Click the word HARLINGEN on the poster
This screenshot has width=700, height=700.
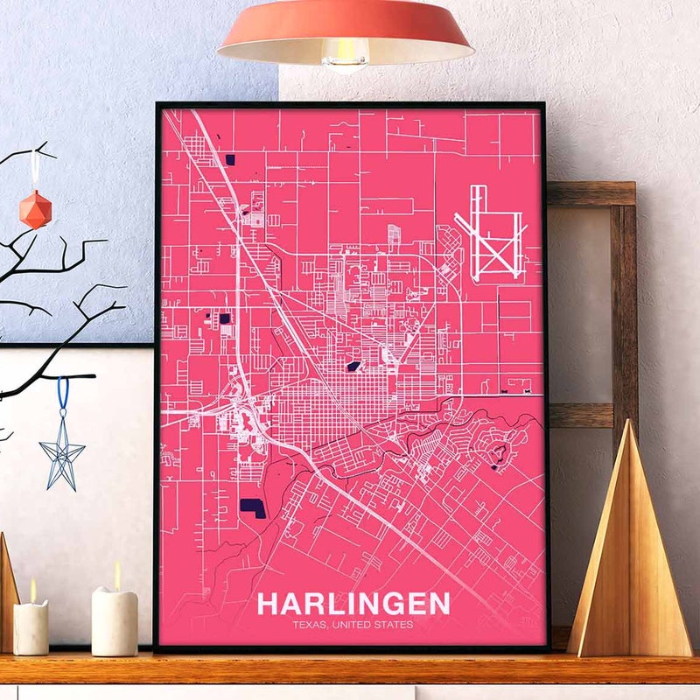click(353, 603)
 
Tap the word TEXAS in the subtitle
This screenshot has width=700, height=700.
click(311, 624)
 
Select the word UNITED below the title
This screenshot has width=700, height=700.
click(353, 624)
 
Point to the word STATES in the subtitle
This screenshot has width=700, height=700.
click(395, 624)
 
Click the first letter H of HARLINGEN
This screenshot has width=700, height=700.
click(268, 603)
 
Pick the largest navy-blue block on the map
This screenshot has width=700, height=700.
click(253, 507)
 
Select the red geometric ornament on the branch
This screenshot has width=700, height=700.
click(36, 209)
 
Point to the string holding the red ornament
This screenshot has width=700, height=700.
click(36, 171)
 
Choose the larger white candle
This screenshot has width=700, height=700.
click(115, 621)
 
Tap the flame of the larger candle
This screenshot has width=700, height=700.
click(117, 575)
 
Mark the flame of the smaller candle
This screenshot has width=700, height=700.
click(32, 591)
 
